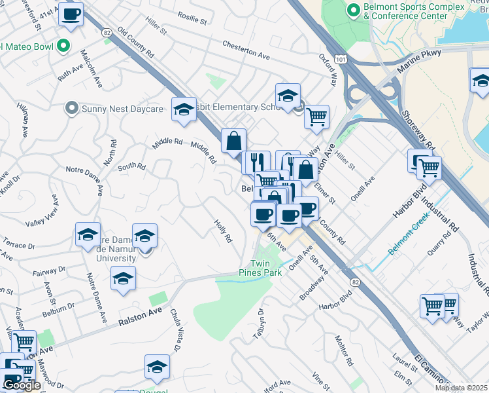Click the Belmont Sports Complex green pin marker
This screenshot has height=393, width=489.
[x=354, y=10]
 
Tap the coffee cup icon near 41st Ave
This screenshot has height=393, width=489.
[x=71, y=14]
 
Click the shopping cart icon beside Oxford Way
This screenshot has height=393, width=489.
[x=316, y=117]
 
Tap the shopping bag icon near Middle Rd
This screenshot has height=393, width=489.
[x=233, y=140]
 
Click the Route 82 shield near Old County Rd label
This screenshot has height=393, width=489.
[x=107, y=31]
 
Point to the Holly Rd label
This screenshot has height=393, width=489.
[x=223, y=231]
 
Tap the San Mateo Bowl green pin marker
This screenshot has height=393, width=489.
[x=63, y=46]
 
